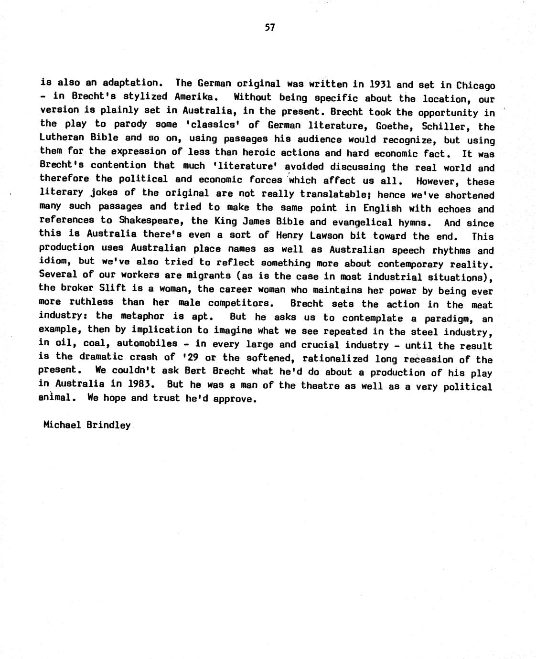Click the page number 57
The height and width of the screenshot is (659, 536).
click(270, 28)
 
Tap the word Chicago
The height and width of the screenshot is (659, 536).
click(475, 86)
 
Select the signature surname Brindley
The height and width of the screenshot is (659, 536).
click(108, 425)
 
